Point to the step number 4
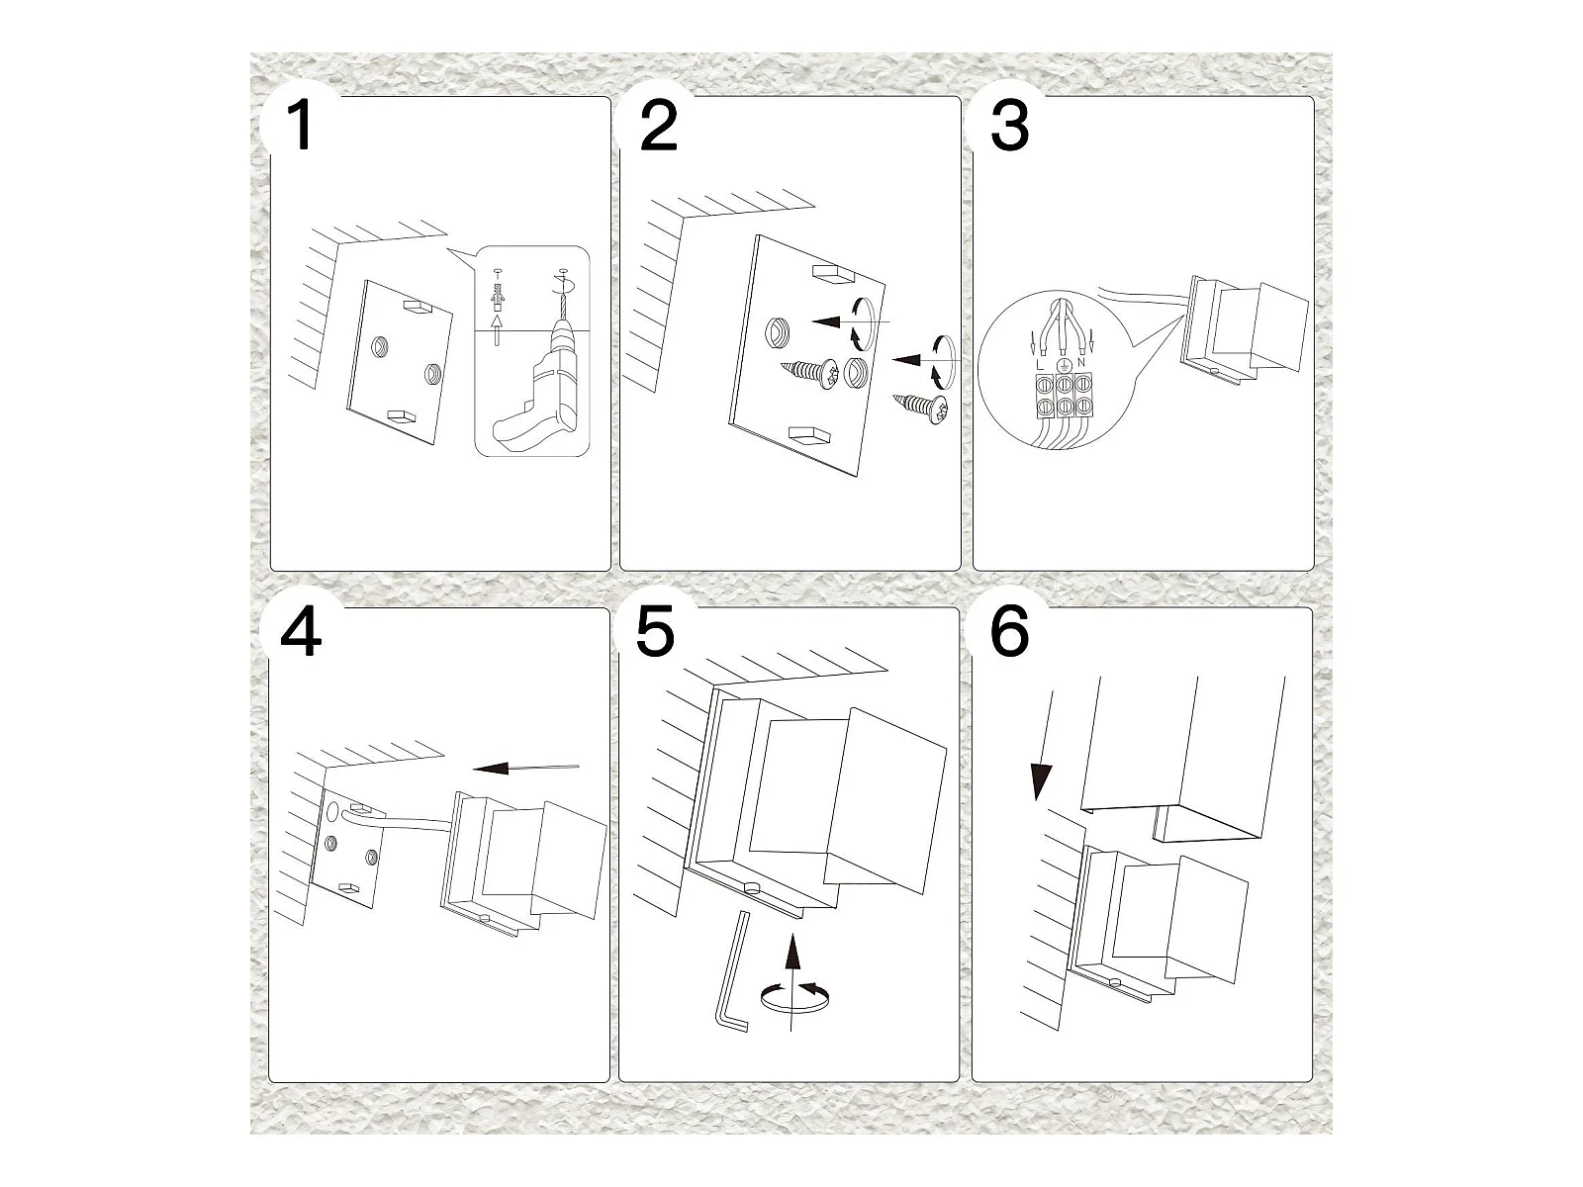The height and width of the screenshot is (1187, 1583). (301, 632)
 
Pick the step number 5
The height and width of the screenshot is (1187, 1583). (655, 632)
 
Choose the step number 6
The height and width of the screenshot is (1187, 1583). (1008, 632)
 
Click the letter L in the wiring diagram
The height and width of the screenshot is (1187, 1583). (1038, 365)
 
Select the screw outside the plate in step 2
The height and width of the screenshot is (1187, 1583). (922, 406)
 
